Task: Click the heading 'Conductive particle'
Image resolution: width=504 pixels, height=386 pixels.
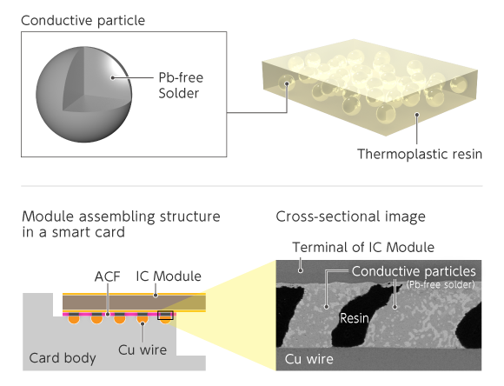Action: click(83, 21)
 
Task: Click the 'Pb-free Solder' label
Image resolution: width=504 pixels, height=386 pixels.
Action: click(181, 85)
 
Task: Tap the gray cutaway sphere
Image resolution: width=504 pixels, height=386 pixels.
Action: click(83, 94)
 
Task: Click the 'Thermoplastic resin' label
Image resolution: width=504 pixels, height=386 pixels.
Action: click(420, 154)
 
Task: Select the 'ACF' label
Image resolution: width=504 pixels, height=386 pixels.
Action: click(108, 276)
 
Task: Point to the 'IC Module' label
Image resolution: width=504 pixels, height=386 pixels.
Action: click(169, 276)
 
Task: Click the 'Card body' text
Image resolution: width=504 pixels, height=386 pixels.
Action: click(63, 358)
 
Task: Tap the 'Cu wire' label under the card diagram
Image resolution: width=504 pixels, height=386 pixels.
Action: click(143, 350)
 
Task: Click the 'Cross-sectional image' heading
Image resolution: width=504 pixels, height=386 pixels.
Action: click(350, 216)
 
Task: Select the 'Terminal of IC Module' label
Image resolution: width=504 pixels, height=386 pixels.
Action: click(363, 248)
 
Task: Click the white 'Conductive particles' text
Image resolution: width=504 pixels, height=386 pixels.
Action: click(414, 271)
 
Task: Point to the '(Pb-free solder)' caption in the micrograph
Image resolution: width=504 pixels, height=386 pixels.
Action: click(441, 284)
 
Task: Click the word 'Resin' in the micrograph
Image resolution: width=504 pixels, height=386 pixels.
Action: click(355, 318)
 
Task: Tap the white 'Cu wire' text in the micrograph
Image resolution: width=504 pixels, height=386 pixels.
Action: click(308, 359)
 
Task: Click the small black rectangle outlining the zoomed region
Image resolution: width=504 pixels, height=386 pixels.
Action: click(165, 316)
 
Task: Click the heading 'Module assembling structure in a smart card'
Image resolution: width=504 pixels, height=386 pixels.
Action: click(121, 224)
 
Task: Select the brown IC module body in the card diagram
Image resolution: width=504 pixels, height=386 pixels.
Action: click(134, 303)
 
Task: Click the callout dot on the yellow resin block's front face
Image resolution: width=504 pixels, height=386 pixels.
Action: click(417, 115)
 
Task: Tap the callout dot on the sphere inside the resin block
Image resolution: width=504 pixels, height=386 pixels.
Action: click(287, 83)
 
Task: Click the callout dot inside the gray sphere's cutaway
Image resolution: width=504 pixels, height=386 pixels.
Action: click(112, 77)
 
